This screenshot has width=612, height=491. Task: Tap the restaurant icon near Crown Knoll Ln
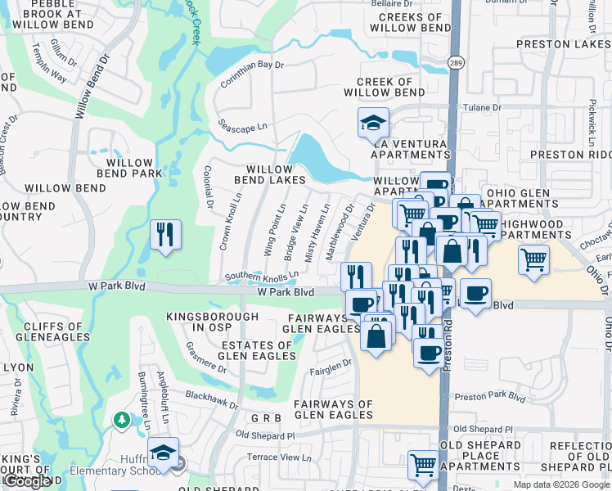tap(166, 236)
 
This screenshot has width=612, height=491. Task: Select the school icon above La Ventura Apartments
tap(373, 124)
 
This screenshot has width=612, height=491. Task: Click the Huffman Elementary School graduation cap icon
tap(164, 454)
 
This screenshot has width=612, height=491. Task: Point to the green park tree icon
tap(122, 420)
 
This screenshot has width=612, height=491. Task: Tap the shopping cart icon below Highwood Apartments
tap(533, 260)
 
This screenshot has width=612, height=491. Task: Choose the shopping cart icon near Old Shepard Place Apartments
tap(423, 465)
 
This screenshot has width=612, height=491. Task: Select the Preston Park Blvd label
tap(489, 398)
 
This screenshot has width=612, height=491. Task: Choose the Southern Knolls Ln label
tap(262, 277)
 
